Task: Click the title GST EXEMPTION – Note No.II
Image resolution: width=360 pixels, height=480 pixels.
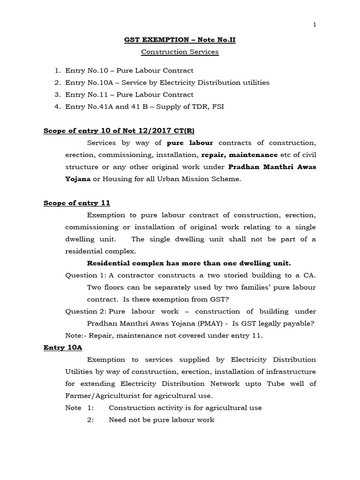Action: coord(180,40)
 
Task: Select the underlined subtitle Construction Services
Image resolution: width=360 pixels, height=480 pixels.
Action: coord(180,52)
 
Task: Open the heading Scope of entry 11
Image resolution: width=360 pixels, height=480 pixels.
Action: coord(77,203)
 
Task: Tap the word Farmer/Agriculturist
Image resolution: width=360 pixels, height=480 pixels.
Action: coord(102,396)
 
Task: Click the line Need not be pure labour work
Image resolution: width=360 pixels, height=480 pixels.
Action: coord(161,420)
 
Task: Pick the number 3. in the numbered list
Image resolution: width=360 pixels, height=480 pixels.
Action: coord(57,95)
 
